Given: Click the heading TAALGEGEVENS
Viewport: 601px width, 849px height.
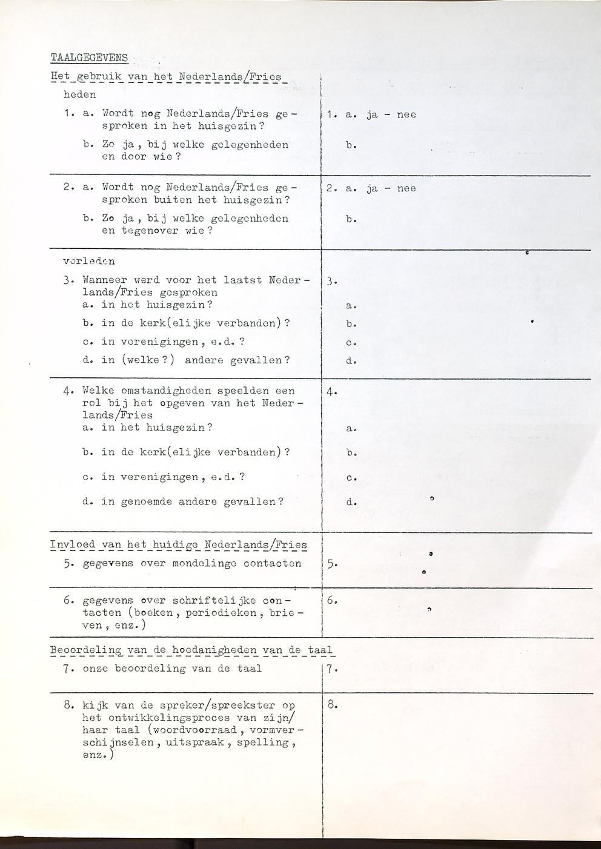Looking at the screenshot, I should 89,58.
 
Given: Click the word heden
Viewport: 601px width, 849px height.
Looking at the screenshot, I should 80,94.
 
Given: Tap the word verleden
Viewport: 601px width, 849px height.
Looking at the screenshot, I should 89,262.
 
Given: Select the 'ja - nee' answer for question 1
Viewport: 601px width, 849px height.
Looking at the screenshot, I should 391,114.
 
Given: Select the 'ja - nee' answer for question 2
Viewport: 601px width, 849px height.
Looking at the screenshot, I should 391,188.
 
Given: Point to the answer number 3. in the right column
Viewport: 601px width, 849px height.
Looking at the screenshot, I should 331,281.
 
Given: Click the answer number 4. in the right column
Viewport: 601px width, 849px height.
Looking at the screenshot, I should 331,391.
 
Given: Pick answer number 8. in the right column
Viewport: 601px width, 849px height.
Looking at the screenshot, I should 331,705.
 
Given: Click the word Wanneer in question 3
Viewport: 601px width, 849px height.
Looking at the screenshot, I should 104,280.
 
